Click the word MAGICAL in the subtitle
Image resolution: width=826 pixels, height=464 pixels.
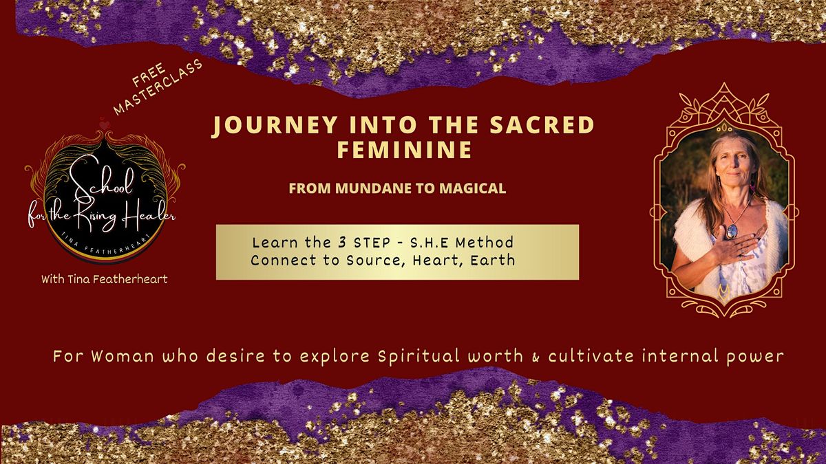476,188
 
